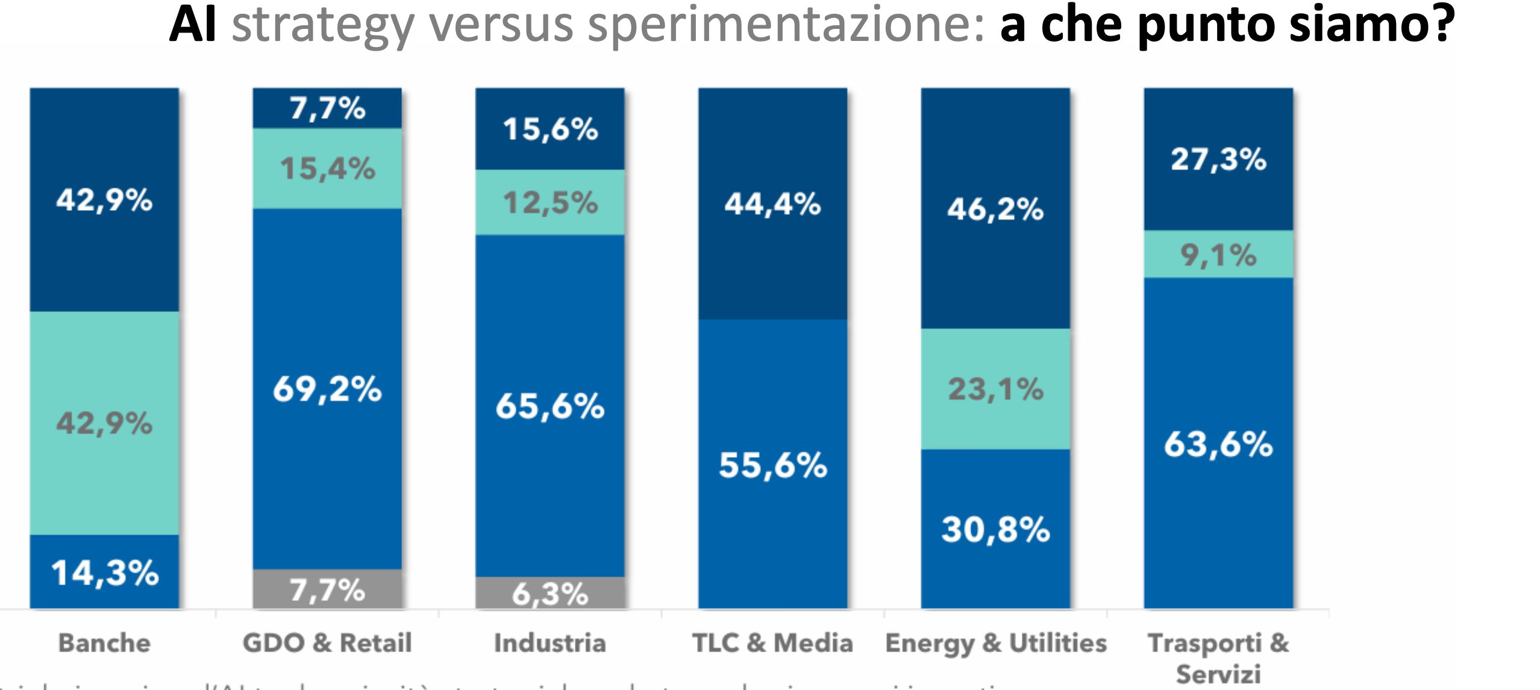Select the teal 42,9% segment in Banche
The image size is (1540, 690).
[104, 423]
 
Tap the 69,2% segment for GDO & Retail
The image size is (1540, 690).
[327, 388]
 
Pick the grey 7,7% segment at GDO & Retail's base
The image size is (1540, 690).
[327, 589]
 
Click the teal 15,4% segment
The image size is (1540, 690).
[327, 168]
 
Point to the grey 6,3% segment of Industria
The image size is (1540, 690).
[549, 593]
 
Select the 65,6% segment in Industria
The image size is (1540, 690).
[549, 405]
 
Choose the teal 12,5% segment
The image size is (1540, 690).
[549, 202]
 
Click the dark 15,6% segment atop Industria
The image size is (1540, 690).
[549, 128]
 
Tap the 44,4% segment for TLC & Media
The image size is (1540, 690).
[772, 204]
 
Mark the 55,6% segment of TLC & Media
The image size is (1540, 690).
[772, 464]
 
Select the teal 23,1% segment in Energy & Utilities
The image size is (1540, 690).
[995, 389]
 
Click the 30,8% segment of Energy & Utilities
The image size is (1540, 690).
[995, 529]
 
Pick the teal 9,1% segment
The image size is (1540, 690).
[1218, 254]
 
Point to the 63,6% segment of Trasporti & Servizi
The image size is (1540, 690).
[1218, 444]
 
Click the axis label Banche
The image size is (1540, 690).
[104, 643]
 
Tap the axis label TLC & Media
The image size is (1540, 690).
[772, 643]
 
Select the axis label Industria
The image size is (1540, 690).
[549, 643]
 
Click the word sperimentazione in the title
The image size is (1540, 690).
[786, 25]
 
